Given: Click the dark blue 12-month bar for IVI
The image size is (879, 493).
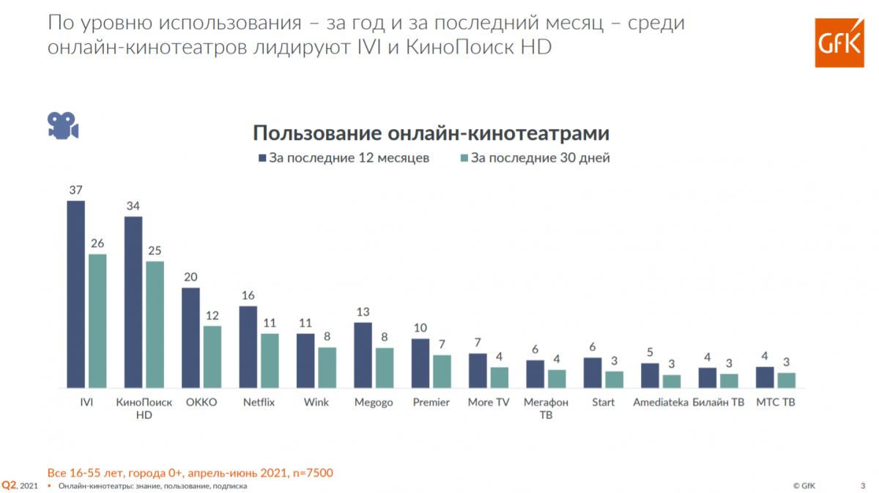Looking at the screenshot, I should (76, 294).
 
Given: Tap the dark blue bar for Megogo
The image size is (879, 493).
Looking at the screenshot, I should (363, 355).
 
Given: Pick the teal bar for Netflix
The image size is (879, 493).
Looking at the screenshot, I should (270, 360).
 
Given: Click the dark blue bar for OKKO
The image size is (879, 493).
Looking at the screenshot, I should (190, 337).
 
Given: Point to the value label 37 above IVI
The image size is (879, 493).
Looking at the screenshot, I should (76, 189).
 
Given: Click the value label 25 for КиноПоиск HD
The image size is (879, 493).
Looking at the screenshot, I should (155, 251).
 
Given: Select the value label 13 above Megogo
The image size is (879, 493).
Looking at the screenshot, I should (363, 311).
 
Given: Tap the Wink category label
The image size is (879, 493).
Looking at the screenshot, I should (316, 402).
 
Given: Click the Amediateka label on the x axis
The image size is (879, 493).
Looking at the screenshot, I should (659, 402).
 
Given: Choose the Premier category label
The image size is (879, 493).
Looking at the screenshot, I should (431, 402).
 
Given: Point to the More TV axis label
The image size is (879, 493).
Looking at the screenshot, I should (488, 402).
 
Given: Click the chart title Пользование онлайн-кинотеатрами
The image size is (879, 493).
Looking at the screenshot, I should (431, 133).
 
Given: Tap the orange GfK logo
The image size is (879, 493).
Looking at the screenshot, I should (839, 43).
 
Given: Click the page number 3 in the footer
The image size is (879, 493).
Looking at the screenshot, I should (862, 485).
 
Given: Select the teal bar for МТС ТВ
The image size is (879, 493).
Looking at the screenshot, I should (786, 379).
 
